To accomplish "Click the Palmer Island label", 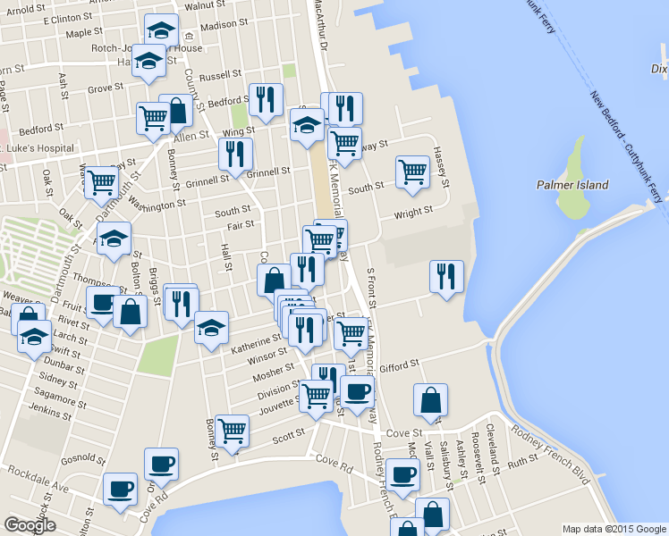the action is (572, 185).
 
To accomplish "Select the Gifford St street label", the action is (400, 365).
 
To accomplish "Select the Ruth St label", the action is (520, 464).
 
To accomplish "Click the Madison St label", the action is (224, 25).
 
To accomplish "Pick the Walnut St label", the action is (207, 5).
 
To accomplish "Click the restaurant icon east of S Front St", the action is (445, 276).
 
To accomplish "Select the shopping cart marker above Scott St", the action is (233, 431).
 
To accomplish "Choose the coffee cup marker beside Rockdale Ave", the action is (119, 489).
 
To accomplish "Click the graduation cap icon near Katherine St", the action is (211, 327).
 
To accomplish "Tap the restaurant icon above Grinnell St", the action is (235, 153).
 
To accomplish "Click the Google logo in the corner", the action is (30, 525).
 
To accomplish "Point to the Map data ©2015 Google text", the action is (614, 529).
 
